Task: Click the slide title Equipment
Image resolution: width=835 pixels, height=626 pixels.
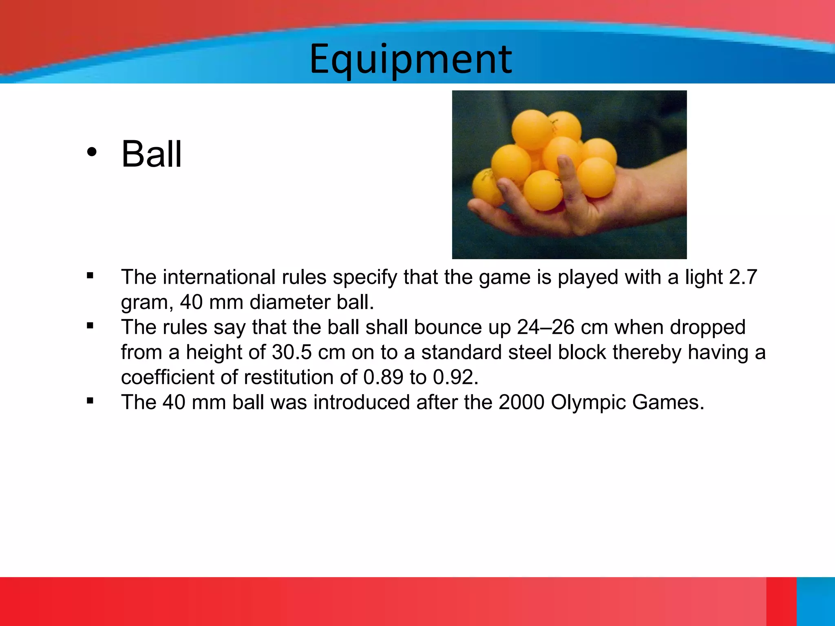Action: point(411,60)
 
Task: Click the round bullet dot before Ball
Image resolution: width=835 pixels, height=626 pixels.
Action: point(92,152)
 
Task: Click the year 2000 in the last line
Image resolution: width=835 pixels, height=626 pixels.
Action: point(521,402)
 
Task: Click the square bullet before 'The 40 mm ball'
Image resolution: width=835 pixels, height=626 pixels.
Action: point(90,401)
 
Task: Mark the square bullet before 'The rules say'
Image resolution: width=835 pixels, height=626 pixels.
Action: point(90,326)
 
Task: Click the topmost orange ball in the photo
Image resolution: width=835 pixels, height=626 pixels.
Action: point(532,130)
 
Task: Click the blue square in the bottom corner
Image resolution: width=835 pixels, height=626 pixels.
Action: point(815,601)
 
